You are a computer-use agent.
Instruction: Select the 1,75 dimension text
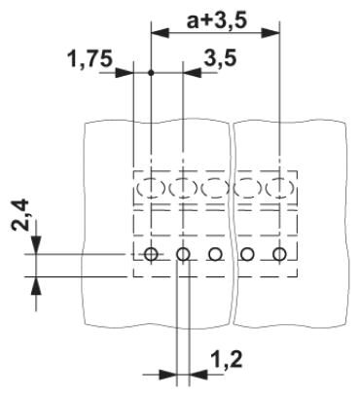[x=90, y=59]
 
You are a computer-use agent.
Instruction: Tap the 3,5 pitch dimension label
[x=220, y=58]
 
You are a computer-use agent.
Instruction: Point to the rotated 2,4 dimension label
[x=20, y=215]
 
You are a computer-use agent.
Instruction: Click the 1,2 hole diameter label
[x=227, y=359]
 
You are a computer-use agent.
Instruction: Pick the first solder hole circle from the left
[x=151, y=254]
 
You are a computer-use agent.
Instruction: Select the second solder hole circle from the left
[x=183, y=254]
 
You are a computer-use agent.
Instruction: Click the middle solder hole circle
[x=215, y=254]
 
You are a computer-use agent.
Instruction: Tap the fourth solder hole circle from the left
[x=247, y=254]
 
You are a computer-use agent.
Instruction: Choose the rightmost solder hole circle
[x=279, y=254]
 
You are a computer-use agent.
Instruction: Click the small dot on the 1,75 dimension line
[x=151, y=73]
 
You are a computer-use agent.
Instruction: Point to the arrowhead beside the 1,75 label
[x=125, y=73]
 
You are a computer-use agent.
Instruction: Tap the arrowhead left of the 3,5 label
[x=193, y=73]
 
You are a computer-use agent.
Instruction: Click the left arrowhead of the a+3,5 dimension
[x=161, y=33]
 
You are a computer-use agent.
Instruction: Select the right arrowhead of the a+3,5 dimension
[x=270, y=33]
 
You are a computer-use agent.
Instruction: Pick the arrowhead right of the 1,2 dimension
[x=198, y=375]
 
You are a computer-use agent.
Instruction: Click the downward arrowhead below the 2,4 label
[x=36, y=245]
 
